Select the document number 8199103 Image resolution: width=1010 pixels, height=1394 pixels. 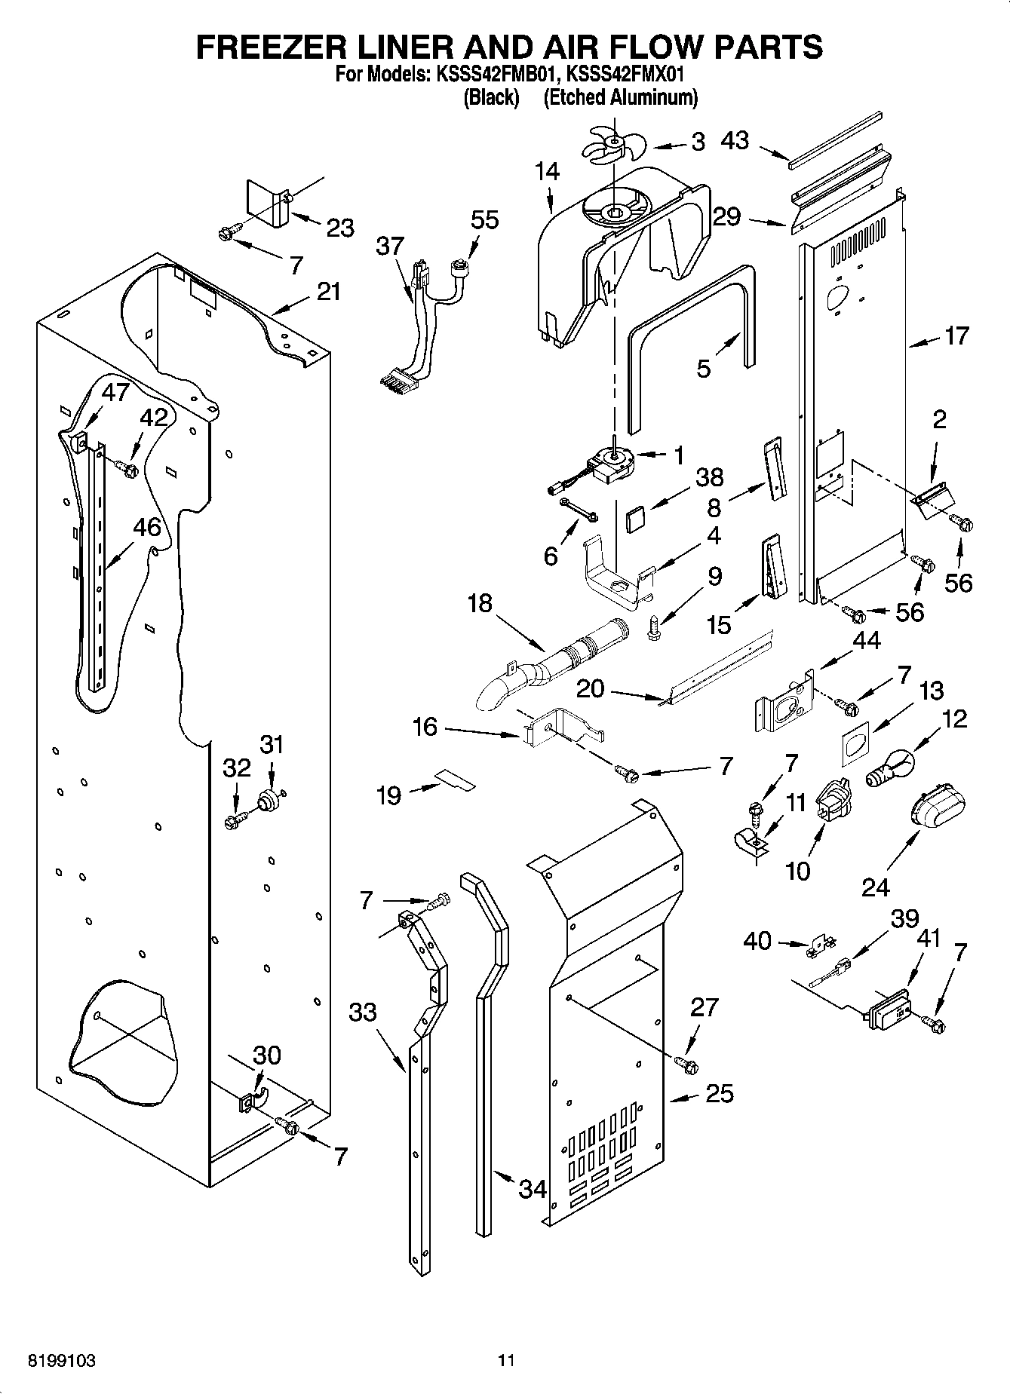61,1361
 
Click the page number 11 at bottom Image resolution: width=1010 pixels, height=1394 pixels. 506,1361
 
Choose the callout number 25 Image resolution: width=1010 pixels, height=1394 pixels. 719,1092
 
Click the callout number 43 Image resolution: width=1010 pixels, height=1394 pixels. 735,140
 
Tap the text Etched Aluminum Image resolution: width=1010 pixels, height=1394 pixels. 620,97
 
